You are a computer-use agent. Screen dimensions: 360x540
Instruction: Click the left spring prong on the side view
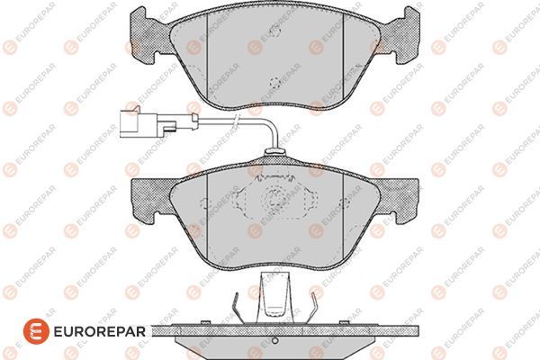[236, 303]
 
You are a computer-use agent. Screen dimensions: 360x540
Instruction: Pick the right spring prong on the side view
[315, 303]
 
